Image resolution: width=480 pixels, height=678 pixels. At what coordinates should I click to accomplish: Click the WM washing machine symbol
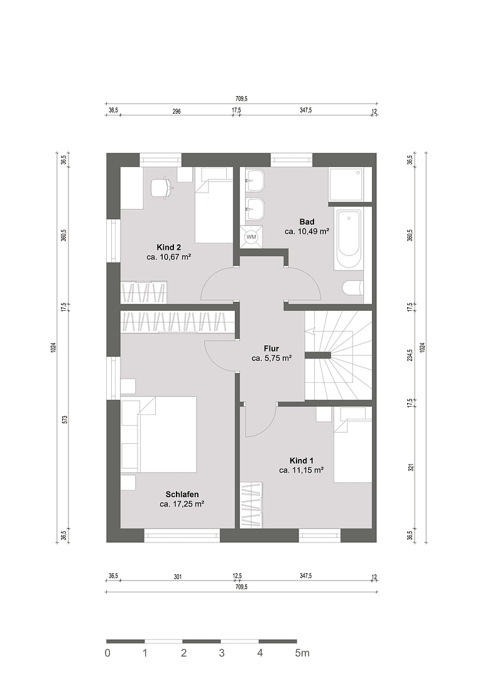pyautogui.click(x=251, y=237)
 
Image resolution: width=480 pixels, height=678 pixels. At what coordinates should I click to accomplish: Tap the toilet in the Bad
pyautogui.click(x=352, y=288)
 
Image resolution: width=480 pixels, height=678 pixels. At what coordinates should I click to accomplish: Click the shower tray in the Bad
pyautogui.click(x=346, y=185)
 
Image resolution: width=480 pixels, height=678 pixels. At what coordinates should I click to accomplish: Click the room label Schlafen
pyautogui.click(x=182, y=494)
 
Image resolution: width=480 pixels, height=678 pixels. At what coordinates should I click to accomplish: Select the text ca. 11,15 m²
pyautogui.click(x=302, y=470)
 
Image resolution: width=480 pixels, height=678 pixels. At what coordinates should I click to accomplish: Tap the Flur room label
pyautogui.click(x=271, y=348)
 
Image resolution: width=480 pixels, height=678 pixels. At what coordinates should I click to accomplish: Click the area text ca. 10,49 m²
pyautogui.click(x=307, y=231)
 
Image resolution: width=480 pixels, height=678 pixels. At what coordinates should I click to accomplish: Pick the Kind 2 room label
pyautogui.click(x=169, y=247)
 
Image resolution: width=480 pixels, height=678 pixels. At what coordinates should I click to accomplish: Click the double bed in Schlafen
pyautogui.click(x=166, y=434)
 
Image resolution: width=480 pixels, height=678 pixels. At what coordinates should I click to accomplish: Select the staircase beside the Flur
pyautogui.click(x=338, y=355)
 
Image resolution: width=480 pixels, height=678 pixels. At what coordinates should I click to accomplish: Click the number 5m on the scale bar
pyautogui.click(x=302, y=653)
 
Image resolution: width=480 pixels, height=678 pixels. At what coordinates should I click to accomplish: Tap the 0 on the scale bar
pyautogui.click(x=107, y=653)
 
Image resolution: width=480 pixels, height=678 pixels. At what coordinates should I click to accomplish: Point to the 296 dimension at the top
pyautogui.click(x=177, y=110)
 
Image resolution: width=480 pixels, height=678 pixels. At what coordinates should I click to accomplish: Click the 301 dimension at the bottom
pyautogui.click(x=178, y=576)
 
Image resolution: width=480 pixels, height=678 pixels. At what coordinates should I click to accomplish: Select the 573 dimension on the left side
pyautogui.click(x=64, y=419)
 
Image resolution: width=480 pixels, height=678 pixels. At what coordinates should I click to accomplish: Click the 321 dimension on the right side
pyautogui.click(x=410, y=467)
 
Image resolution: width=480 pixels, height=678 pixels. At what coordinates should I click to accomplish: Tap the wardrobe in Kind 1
pyautogui.click(x=251, y=505)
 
